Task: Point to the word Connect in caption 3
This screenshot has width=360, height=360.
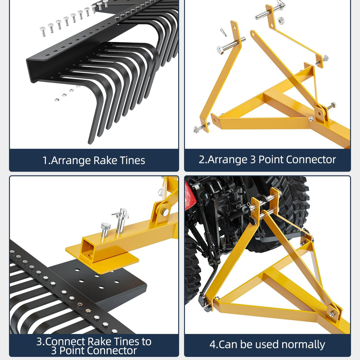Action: (62, 342)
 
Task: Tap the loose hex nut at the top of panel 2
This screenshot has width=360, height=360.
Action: (281, 21)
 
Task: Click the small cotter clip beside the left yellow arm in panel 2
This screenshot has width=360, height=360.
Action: (224, 32)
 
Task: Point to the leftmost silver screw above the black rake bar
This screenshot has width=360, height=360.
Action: (43, 31)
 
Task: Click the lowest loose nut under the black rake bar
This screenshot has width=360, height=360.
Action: (57, 99)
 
